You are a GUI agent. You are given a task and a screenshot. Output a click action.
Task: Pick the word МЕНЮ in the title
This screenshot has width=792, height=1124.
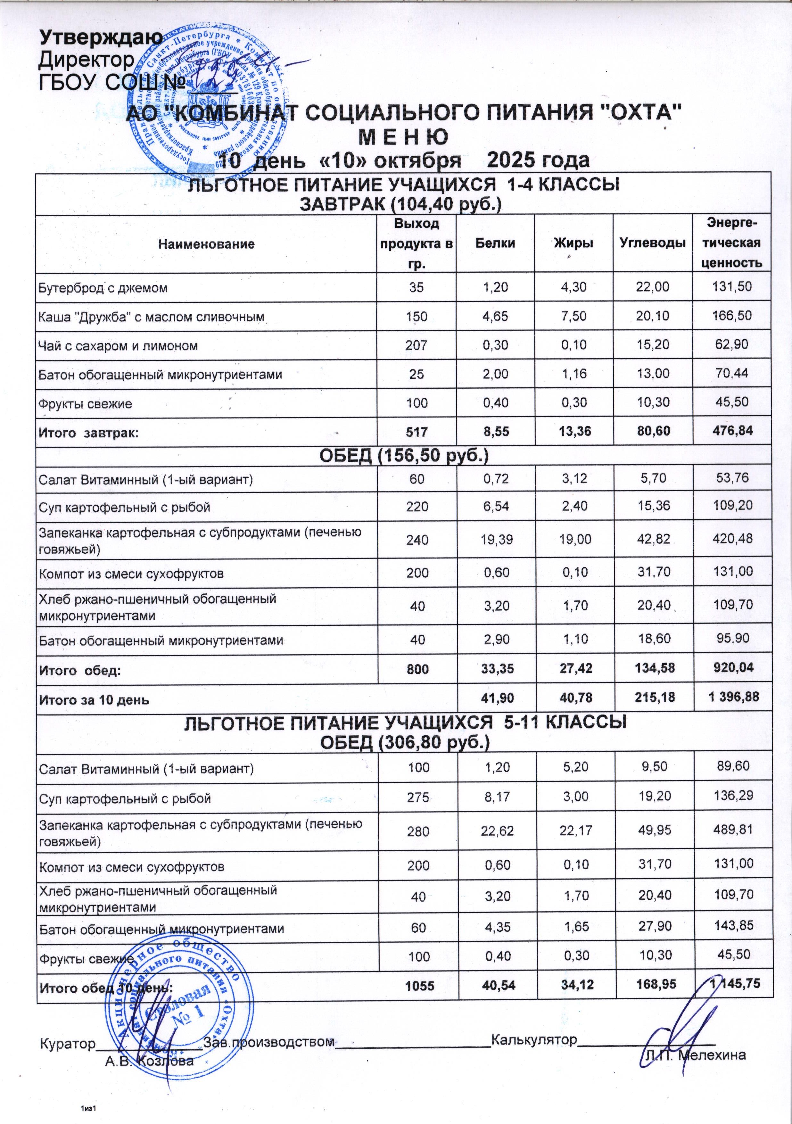click(x=404, y=137)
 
